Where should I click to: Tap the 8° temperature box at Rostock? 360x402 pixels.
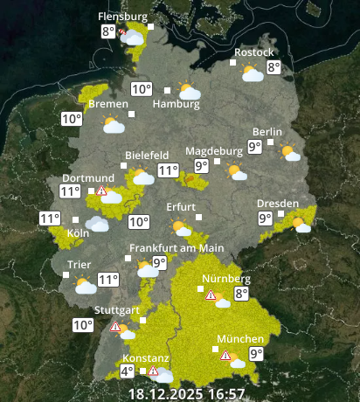pyautogui.click(x=273, y=67)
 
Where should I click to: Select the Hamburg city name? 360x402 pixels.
pyautogui.click(x=170, y=104)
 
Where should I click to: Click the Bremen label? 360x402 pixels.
pyautogui.click(x=108, y=104)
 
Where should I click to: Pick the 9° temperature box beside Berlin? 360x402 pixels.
pyautogui.click(x=255, y=147)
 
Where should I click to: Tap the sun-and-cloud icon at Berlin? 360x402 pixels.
pyautogui.click(x=289, y=153)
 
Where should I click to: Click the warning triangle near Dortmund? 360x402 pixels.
pyautogui.click(x=101, y=191)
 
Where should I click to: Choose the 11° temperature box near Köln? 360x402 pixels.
pyautogui.click(x=50, y=218)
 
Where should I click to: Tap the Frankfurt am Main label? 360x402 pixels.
pyautogui.click(x=177, y=248)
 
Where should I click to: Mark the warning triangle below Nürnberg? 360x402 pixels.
pyautogui.click(x=210, y=295)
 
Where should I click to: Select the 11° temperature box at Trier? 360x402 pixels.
pyautogui.click(x=107, y=280)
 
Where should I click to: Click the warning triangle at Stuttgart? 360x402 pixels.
pyautogui.click(x=114, y=327)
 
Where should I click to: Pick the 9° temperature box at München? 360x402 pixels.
pyautogui.click(x=256, y=354)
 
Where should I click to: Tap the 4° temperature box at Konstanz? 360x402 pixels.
pyautogui.click(x=127, y=371)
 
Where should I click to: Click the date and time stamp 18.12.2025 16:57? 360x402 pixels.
pyautogui.click(x=186, y=393)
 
